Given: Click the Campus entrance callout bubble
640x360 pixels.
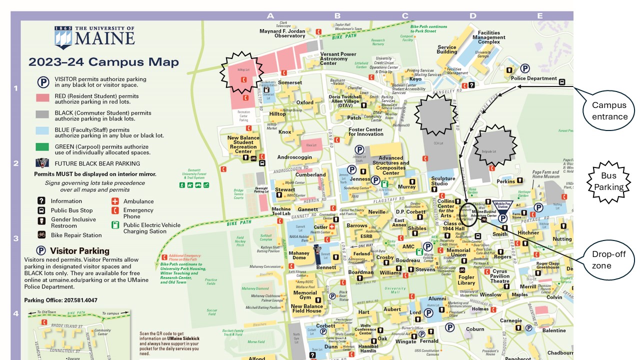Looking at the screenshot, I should pyautogui.click(x=609, y=110).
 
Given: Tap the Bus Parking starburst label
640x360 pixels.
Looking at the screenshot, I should pyautogui.click(x=608, y=181).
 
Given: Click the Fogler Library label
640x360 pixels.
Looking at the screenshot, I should pyautogui.click(x=466, y=280).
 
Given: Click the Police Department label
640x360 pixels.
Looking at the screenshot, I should pyautogui.click(x=533, y=78).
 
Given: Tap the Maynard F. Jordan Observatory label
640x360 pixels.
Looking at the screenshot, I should pyautogui.click(x=282, y=33).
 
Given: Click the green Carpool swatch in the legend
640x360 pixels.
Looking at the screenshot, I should pyautogui.click(x=42, y=147).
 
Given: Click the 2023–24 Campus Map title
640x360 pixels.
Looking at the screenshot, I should pyautogui.click(x=103, y=62).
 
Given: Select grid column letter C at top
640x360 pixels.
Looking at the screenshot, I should pyautogui.click(x=405, y=16).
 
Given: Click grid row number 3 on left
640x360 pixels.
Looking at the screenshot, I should pyautogui.click(x=15, y=238).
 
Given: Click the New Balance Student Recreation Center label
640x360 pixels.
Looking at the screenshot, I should pyautogui.click(x=243, y=144).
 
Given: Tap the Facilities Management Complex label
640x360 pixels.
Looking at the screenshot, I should pyautogui.click(x=488, y=37).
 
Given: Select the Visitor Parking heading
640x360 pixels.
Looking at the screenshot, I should pyautogui.click(x=73, y=250).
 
